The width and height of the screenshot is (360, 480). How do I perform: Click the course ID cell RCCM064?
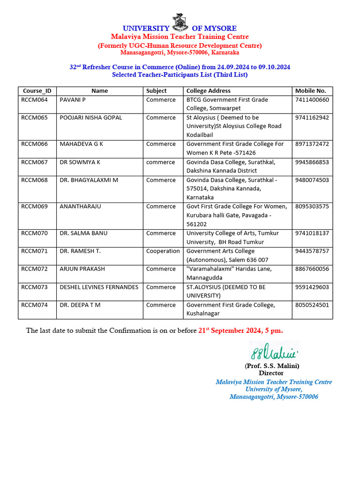click(x=34, y=100)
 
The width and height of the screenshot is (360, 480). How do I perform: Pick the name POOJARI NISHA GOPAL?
click(x=90, y=118)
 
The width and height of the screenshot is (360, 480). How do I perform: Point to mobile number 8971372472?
click(x=312, y=144)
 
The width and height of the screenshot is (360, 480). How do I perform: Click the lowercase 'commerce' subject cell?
click(x=160, y=162)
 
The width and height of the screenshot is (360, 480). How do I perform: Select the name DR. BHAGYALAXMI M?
click(x=89, y=180)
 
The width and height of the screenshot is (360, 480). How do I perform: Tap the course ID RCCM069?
click(x=34, y=206)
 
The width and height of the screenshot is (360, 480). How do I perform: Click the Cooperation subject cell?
click(x=163, y=251)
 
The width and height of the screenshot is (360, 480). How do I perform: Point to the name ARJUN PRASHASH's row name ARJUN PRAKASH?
click(x=82, y=269)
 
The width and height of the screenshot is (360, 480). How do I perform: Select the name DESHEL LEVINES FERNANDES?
click(x=99, y=287)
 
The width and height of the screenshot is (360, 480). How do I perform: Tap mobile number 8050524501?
click(x=312, y=305)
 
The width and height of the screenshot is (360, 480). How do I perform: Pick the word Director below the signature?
click(x=271, y=373)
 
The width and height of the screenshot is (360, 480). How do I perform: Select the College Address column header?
click(x=208, y=91)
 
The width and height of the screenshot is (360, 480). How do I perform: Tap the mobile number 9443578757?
click(x=312, y=251)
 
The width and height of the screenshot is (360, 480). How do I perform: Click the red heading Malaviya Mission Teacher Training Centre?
click(x=180, y=37)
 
